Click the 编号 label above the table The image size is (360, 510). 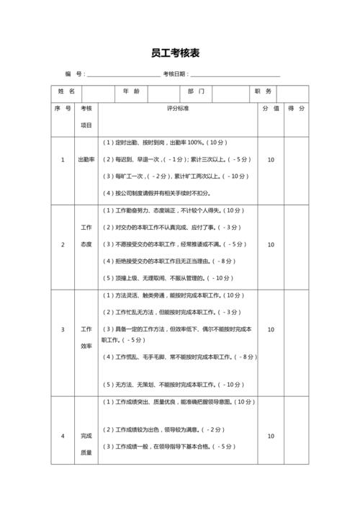[74, 74]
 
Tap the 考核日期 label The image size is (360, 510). [176, 74]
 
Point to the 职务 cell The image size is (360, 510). [262, 93]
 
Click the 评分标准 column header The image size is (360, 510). [177, 109]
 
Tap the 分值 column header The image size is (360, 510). [271, 109]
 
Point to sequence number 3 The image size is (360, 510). [62, 329]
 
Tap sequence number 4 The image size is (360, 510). [62, 436]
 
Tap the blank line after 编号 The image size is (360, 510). [123, 74]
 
